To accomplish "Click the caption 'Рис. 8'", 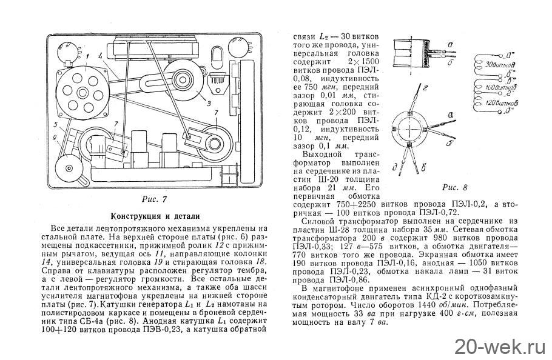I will click(x=455, y=187).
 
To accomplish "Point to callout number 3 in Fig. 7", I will click(x=209, y=104).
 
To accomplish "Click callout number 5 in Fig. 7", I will click(x=55, y=125).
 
